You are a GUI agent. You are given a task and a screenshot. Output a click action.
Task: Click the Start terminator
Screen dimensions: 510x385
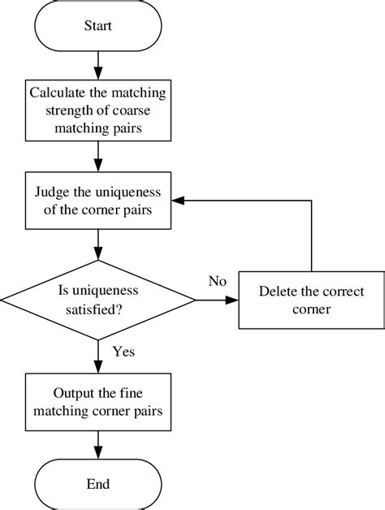tap(97, 26)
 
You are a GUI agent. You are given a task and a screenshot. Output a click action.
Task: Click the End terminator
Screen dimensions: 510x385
tap(97, 484)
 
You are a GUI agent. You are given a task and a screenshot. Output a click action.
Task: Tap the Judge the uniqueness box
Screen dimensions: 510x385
tap(97, 199)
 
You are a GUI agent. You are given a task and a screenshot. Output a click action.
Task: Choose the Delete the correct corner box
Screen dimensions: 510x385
tap(311, 300)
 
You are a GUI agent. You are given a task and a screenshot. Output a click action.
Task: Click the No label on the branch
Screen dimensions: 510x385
tap(217, 281)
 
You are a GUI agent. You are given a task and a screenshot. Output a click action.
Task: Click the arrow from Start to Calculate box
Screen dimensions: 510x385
tap(97, 63)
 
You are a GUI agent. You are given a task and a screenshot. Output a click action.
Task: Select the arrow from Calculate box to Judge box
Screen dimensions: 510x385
tap(97, 155)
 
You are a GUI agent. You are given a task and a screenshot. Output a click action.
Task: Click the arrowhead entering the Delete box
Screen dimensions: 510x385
tap(233, 300)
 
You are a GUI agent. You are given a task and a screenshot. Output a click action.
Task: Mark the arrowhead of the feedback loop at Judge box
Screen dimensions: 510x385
tap(184, 199)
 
